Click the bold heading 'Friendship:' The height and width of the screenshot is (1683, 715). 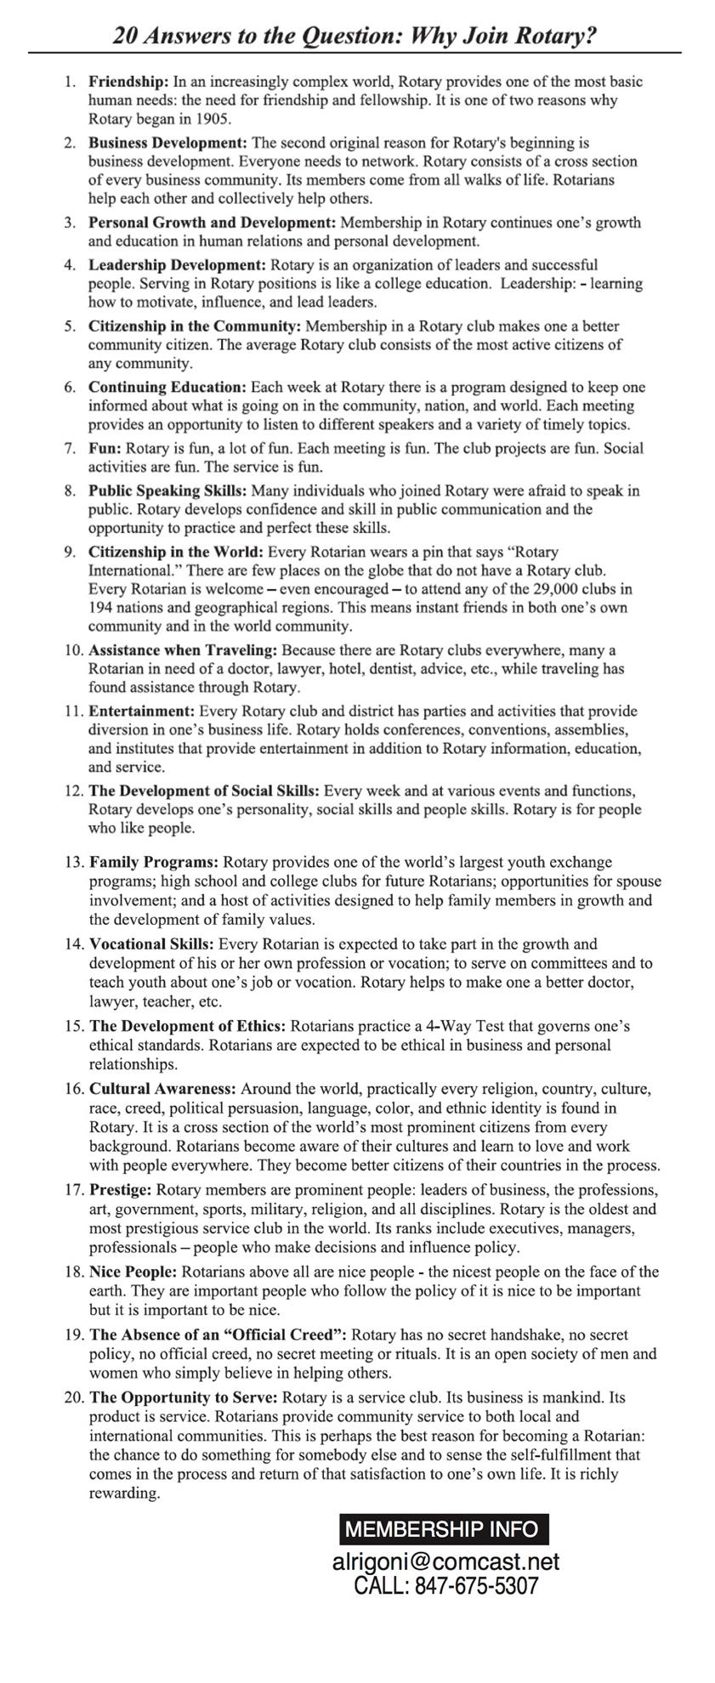coord(128,82)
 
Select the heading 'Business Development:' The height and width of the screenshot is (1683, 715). coord(167,142)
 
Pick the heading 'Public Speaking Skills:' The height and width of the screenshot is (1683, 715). coord(167,490)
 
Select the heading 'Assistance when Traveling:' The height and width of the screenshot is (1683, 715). coord(183,650)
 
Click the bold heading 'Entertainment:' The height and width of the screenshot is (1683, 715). coord(142,711)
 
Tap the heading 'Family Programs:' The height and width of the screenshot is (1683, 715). coord(154,862)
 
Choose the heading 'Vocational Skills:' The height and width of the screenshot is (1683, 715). coord(153,943)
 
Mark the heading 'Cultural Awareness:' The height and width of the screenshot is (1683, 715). coord(162,1088)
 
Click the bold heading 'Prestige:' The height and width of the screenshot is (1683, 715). coord(121,1189)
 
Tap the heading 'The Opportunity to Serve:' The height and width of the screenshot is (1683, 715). coord(184,1397)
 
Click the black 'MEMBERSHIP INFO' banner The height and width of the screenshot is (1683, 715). coord(443,1529)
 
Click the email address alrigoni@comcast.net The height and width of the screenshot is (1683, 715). coord(445,1562)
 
